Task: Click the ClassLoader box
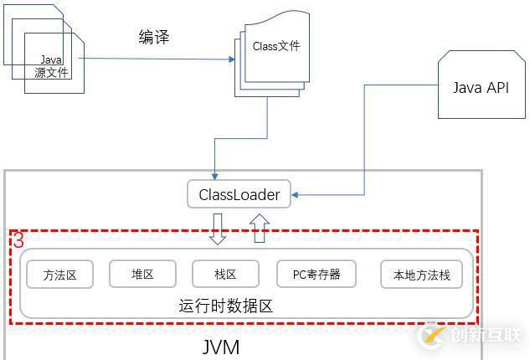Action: (x=239, y=195)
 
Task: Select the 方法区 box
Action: (x=60, y=274)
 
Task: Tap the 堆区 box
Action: (x=142, y=274)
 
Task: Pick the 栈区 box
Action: (x=225, y=274)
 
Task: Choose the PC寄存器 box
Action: (x=316, y=274)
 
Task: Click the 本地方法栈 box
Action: (x=421, y=274)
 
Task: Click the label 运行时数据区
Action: (x=225, y=306)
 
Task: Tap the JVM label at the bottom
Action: (x=221, y=346)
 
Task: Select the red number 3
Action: (x=18, y=240)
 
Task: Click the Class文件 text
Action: (x=275, y=47)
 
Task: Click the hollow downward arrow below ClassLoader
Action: (x=218, y=229)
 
